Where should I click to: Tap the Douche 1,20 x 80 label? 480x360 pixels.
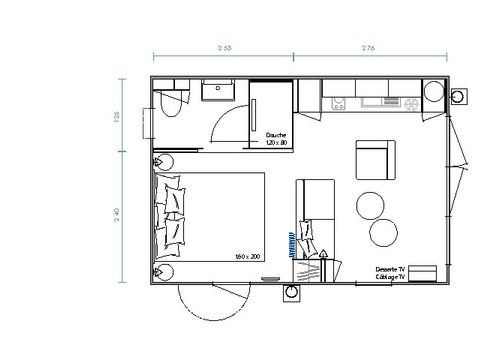(277, 138)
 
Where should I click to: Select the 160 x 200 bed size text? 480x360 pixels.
(247, 257)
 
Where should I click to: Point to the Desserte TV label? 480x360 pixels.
(389, 269)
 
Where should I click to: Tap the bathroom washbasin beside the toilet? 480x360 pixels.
(216, 91)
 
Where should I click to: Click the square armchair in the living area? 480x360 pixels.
(376, 160)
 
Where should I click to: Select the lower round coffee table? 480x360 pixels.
(385, 233)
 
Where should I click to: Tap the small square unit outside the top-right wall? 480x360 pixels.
(459, 97)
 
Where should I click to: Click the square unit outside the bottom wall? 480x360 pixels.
(292, 293)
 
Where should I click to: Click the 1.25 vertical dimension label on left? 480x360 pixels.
(117, 118)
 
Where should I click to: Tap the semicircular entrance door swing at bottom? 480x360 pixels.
(205, 310)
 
